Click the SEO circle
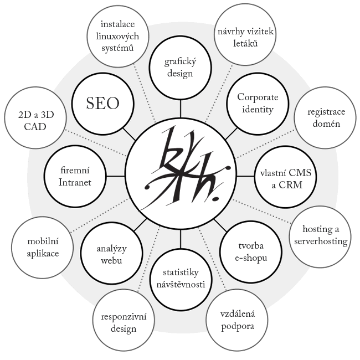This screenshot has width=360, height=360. tap(102, 104)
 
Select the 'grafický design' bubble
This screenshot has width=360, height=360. tap(180, 68)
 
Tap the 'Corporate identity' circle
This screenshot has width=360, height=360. tap(258, 104)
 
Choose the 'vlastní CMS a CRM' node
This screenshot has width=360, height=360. tap(286, 177)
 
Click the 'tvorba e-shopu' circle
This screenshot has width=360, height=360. tap(251, 251)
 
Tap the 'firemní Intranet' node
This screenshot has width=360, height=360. tap(75, 177)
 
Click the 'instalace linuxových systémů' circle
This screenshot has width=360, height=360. tap(118, 36)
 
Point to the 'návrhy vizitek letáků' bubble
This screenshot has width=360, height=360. tap(245, 35)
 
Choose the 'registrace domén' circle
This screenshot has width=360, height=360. tap(326, 118)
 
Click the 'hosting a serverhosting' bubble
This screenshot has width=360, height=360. tap(321, 236)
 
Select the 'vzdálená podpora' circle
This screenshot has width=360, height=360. tap(237, 320)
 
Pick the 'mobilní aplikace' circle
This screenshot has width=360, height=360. tap(43, 248)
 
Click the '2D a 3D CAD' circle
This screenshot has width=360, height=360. tap(35, 118)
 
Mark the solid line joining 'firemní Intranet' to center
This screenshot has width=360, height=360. tap(116, 176)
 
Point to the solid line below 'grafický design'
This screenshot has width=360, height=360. tap(181, 109)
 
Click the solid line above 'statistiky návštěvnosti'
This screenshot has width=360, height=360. tap(181, 239)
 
